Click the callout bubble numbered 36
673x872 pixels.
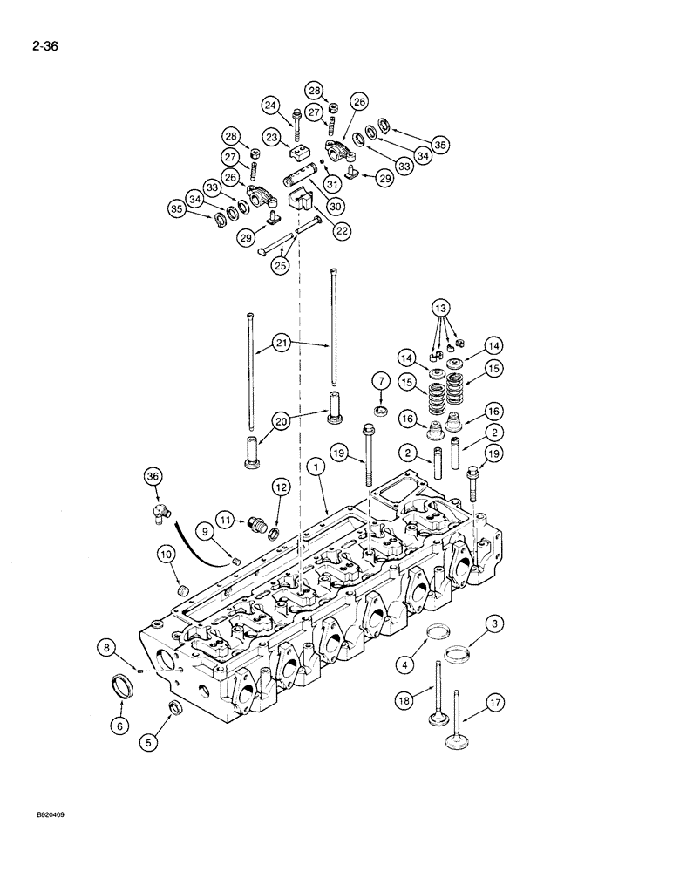[x=153, y=475]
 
